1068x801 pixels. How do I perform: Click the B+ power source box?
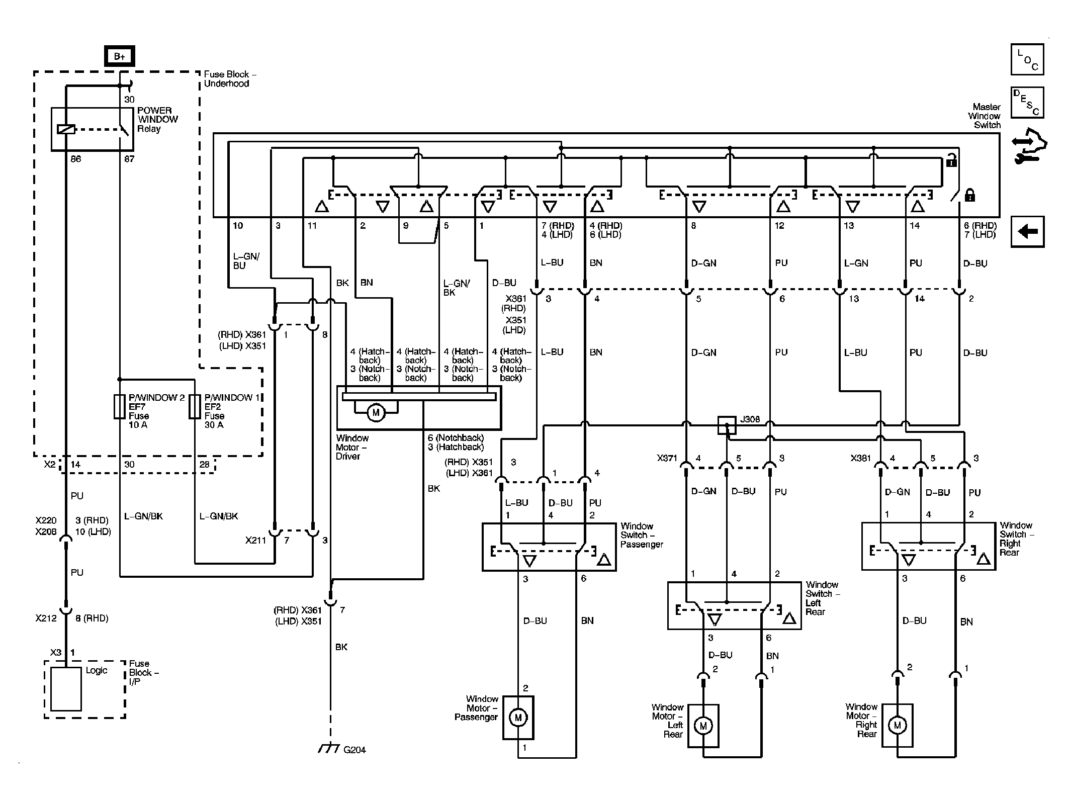pyautogui.click(x=120, y=56)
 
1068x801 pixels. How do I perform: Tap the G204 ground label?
pyautogui.click(x=354, y=750)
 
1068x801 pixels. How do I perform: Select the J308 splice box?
pyautogui.click(x=727, y=425)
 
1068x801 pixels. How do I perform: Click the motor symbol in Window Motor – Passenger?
pyautogui.click(x=518, y=718)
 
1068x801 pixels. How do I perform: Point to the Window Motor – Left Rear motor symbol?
pyautogui.click(x=703, y=726)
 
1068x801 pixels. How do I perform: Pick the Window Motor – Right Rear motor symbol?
pyautogui.click(x=897, y=725)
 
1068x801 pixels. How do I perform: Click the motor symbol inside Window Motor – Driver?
pyautogui.click(x=375, y=413)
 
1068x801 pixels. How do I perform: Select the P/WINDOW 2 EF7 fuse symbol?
pyautogui.click(x=119, y=407)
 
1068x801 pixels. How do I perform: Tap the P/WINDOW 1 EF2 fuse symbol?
pyautogui.click(x=195, y=407)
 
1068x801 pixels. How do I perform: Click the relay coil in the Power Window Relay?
pyautogui.click(x=66, y=130)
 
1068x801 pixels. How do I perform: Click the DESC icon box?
pyautogui.click(x=1027, y=103)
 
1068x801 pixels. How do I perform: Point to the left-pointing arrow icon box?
pyautogui.click(x=1027, y=232)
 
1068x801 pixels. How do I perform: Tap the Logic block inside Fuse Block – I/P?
pyautogui.click(x=66, y=689)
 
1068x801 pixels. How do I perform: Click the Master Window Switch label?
pyautogui.click(x=984, y=116)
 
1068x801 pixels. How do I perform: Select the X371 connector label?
pyautogui.click(x=667, y=459)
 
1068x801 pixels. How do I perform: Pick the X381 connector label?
pyautogui.click(x=861, y=459)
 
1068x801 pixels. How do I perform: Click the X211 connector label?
pyautogui.click(x=256, y=541)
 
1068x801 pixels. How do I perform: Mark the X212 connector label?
pyautogui.click(x=46, y=618)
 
